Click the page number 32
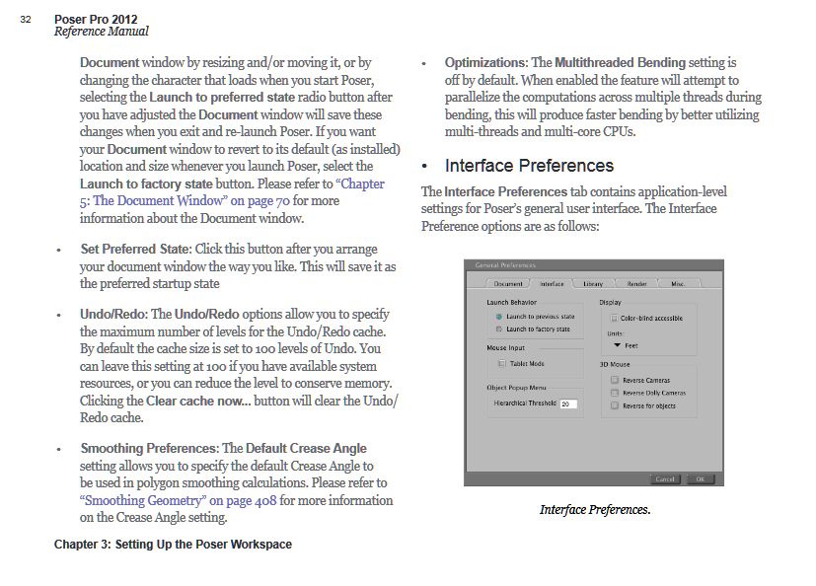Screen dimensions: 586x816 (x=25, y=19)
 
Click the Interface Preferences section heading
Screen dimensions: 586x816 (x=529, y=166)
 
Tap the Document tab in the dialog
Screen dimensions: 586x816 (x=508, y=284)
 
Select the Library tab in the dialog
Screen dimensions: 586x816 (x=592, y=284)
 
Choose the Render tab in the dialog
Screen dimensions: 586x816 (x=636, y=284)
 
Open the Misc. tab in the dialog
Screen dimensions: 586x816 (x=678, y=284)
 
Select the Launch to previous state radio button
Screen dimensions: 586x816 (x=499, y=316)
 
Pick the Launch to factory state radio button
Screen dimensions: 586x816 (x=499, y=329)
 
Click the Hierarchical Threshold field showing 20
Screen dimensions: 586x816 (x=568, y=403)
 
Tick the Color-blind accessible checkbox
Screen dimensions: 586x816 (x=613, y=318)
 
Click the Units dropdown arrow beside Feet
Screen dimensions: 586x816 (x=617, y=346)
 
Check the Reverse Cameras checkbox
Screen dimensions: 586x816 (x=615, y=380)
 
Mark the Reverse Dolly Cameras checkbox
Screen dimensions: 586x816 (x=615, y=393)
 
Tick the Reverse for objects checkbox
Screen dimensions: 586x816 (x=615, y=405)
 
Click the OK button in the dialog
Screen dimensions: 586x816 (x=699, y=478)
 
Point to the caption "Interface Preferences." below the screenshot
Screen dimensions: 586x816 (x=595, y=510)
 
